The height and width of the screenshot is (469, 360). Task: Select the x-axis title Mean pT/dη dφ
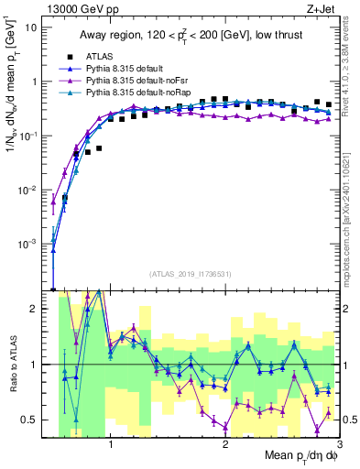point(295,455)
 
